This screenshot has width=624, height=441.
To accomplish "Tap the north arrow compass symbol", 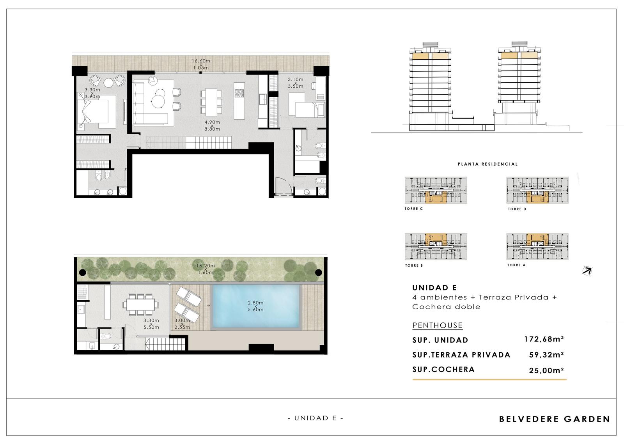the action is click(587, 271).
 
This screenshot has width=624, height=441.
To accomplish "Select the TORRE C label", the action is click(414, 209).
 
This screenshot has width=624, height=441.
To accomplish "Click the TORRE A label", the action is click(516, 265).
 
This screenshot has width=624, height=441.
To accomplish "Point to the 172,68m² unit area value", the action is click(544, 339).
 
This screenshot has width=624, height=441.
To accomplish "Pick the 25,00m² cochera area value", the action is click(546, 370).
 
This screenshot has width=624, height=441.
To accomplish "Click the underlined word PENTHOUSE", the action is click(437, 325).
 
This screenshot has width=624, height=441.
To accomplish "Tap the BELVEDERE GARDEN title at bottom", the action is click(555, 419).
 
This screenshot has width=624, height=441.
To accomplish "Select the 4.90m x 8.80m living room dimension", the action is click(212, 126).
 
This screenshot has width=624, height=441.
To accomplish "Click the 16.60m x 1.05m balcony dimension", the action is click(201, 64).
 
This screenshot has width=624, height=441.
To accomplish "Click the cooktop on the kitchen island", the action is click(239, 93).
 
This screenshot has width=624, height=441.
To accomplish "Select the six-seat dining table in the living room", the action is click(211, 102).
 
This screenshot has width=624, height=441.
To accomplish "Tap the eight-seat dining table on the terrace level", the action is click(141, 305).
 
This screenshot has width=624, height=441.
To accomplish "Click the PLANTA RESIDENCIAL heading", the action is click(488, 164).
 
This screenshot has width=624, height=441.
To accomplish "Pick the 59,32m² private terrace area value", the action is click(546, 355).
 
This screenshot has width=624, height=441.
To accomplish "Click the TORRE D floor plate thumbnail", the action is click(537, 190).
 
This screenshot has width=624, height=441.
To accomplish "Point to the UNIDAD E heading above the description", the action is click(434, 287).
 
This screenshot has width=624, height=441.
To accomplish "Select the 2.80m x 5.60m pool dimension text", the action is click(255, 306).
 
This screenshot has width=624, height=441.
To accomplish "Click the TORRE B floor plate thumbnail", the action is click(436, 246).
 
